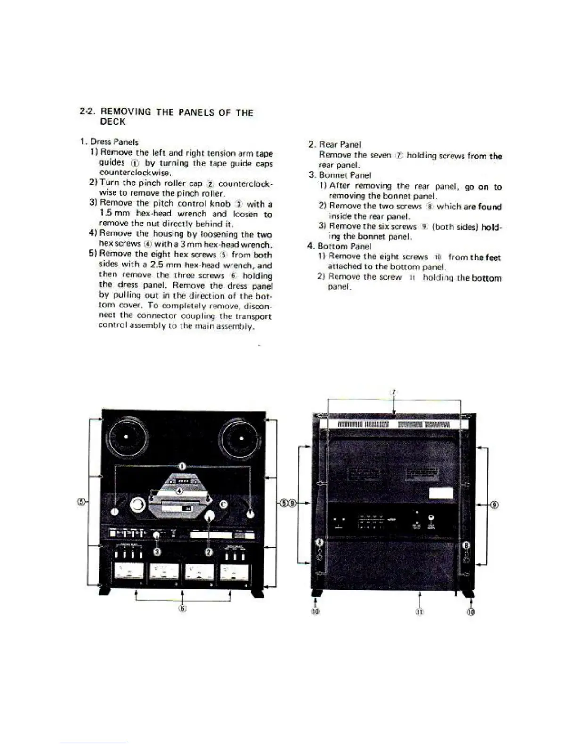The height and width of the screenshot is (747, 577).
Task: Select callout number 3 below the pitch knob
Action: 157,551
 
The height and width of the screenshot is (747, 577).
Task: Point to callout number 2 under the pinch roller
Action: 209,552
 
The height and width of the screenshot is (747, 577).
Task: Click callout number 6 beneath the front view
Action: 182,608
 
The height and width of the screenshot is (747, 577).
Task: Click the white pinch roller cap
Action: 210,516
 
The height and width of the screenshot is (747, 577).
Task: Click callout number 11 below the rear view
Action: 420,612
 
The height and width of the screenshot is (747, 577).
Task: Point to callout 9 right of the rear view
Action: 494,505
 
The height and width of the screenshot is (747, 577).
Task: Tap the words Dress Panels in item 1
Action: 114,141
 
